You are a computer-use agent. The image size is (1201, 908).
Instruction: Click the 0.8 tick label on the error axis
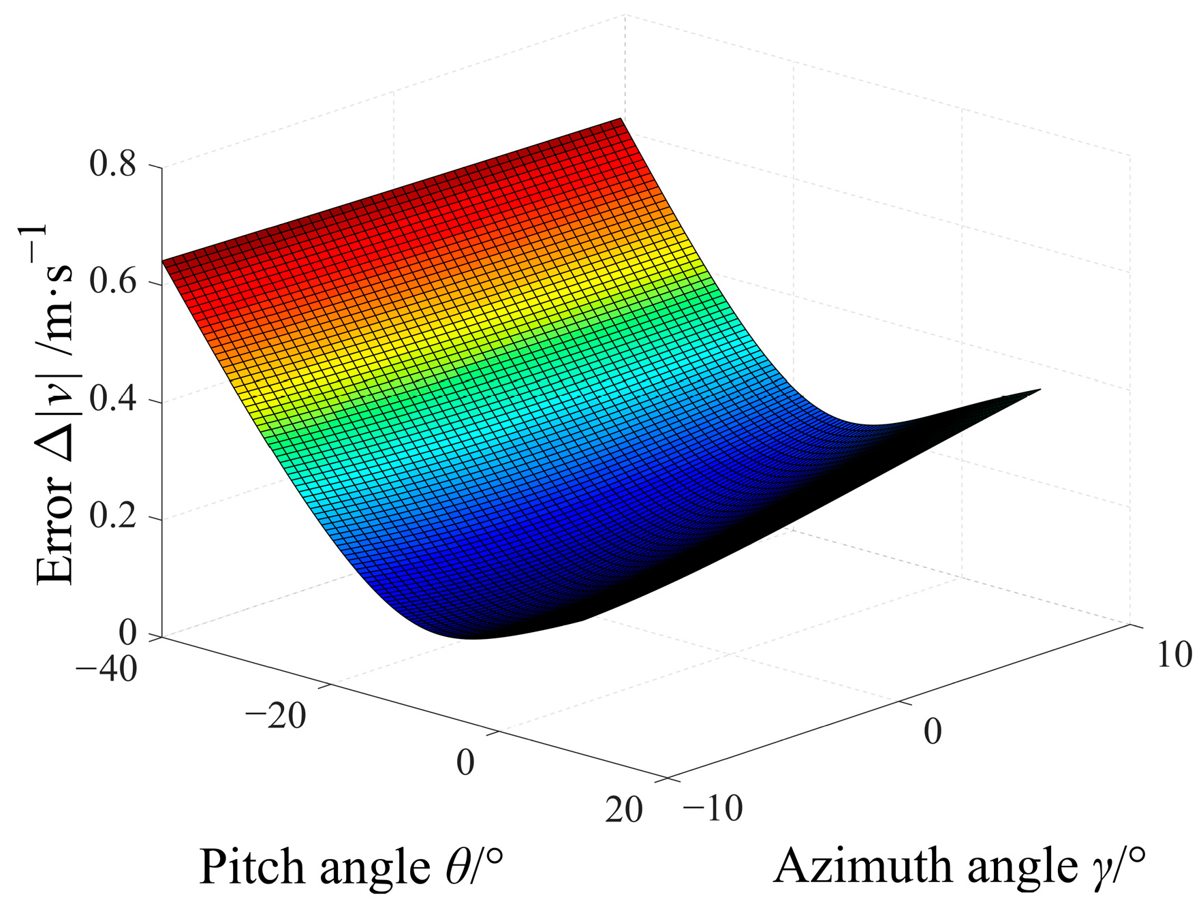coord(113,165)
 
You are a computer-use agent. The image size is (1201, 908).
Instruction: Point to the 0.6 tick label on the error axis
coord(113,283)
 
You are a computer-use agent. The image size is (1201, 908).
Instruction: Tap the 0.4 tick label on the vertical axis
coord(113,401)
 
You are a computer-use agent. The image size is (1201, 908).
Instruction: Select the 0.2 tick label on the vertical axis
coord(113,518)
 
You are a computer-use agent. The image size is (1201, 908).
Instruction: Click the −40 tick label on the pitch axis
coord(106,668)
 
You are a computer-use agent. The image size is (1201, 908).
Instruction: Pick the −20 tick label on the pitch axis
coord(276,716)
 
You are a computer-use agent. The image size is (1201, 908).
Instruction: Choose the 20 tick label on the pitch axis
coord(623,810)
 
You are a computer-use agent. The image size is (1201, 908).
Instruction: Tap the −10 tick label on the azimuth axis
coord(713,809)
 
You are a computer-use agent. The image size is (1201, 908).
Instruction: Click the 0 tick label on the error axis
coord(127,633)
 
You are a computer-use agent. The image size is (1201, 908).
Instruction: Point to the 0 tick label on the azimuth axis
coord(933,732)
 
